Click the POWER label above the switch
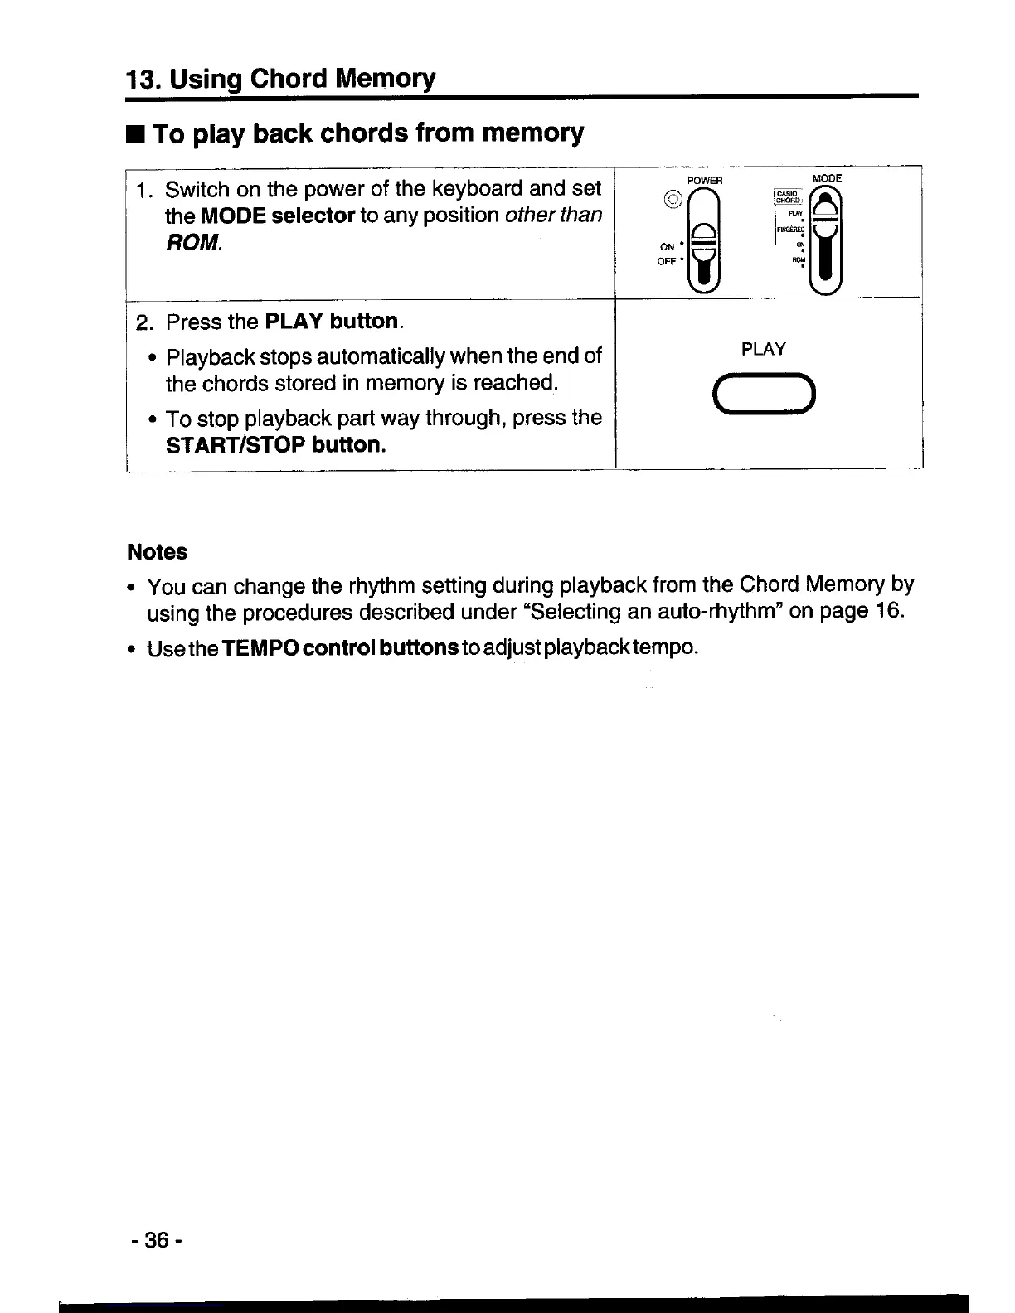(x=705, y=180)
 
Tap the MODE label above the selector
(x=826, y=178)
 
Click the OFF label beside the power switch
(x=667, y=261)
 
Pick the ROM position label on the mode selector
(x=799, y=259)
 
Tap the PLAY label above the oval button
(x=763, y=349)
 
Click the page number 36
(x=156, y=1240)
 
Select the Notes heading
(x=157, y=552)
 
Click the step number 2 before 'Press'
(x=142, y=322)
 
